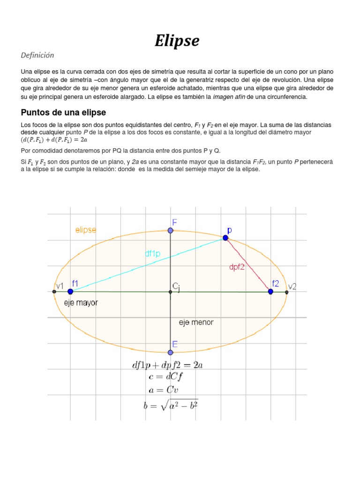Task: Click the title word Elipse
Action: (177, 41)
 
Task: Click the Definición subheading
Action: (37, 55)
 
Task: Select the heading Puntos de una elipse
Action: (64, 112)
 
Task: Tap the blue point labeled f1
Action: (70, 292)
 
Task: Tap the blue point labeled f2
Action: (270, 292)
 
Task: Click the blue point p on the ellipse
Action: (225, 238)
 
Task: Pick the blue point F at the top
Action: (171, 231)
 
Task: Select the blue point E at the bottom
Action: (171, 352)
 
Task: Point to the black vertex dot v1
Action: (54, 292)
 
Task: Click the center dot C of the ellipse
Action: (171, 292)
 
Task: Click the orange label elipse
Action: (86, 230)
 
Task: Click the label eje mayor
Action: (81, 303)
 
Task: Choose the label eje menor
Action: (196, 322)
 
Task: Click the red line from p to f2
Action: (248, 265)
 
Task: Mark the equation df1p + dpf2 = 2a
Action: (167, 366)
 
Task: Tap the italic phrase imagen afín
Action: (229, 97)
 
